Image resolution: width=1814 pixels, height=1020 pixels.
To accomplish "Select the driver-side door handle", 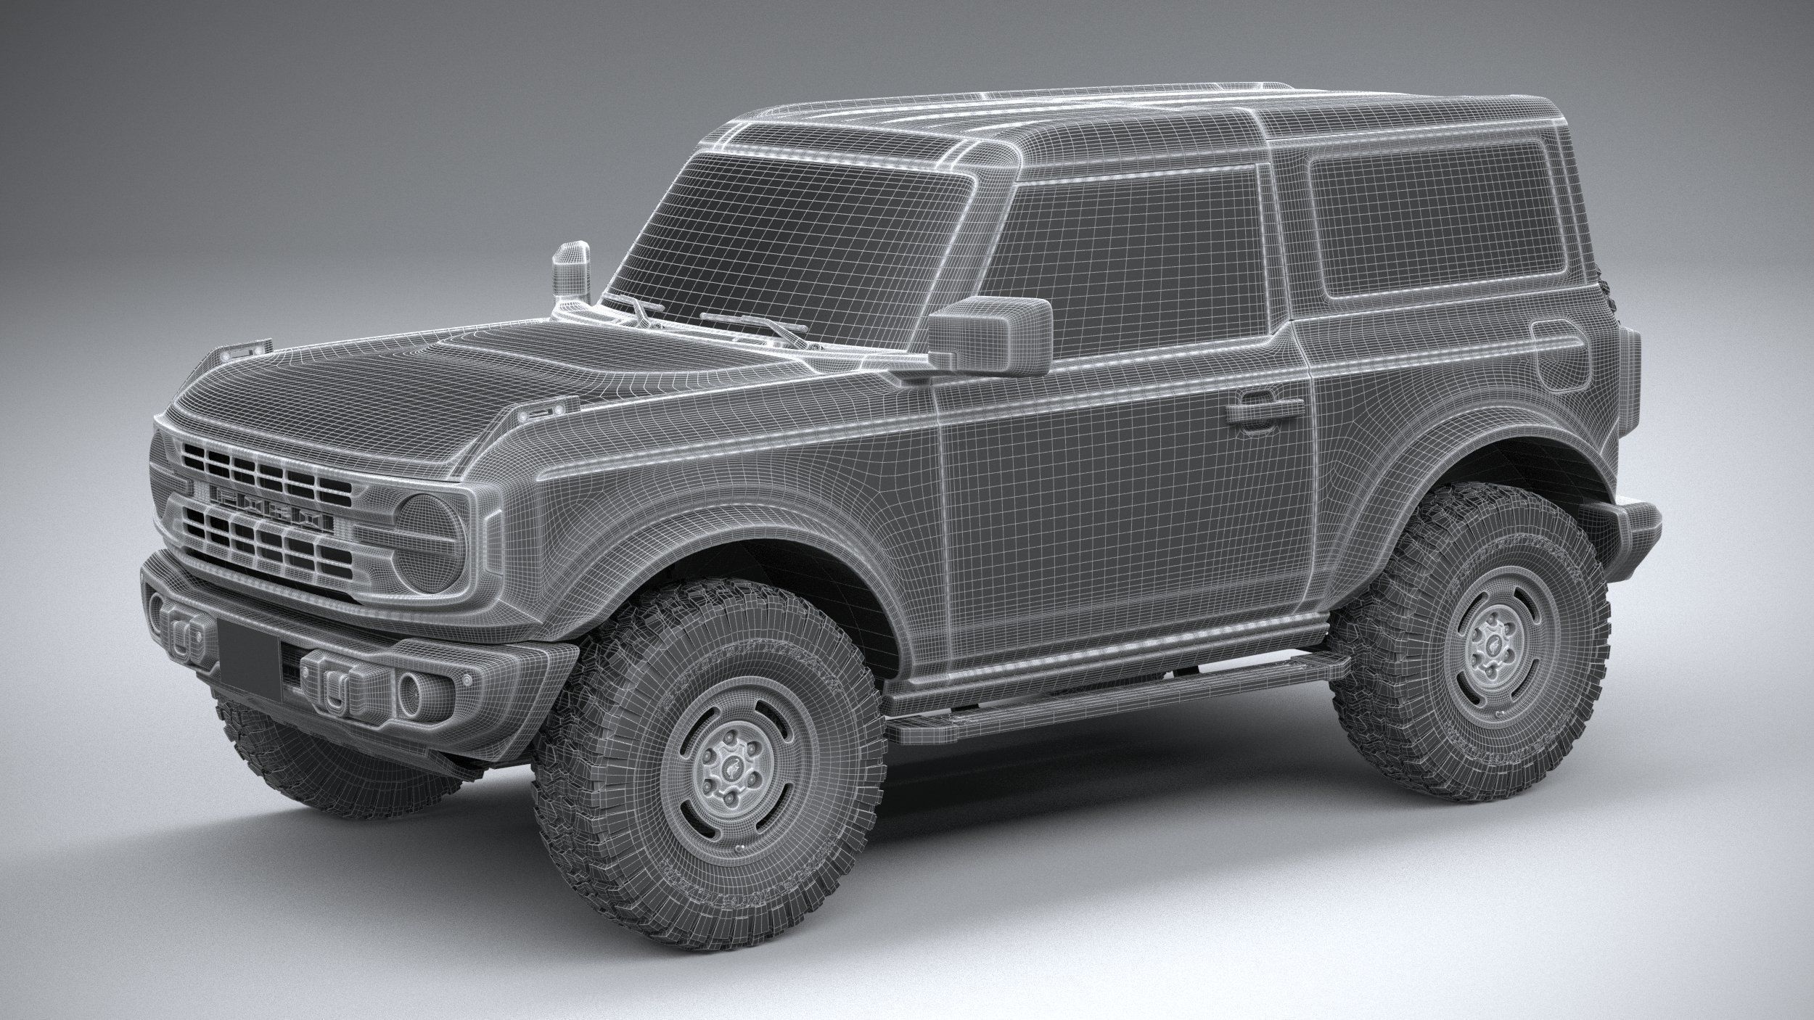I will (x=1253, y=412).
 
